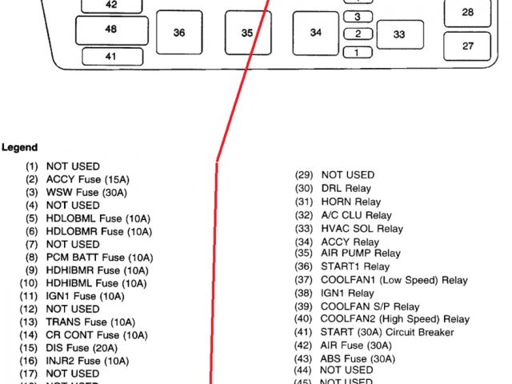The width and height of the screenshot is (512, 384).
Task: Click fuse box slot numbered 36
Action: coord(178,33)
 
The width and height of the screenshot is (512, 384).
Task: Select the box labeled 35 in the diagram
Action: coord(247,33)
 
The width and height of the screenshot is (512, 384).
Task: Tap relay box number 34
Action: coord(315,33)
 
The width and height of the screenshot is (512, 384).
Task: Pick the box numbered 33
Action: coord(398,34)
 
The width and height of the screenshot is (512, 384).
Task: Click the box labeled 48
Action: coord(110,30)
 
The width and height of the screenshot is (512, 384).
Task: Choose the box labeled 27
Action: coord(468,46)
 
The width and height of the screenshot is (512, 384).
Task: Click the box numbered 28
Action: coord(468,13)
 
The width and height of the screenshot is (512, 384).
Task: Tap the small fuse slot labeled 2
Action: coord(358,34)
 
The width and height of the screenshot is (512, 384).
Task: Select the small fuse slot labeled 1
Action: coord(358,53)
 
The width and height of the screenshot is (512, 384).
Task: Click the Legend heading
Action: coord(19,147)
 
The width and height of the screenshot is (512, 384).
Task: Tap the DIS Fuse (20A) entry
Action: coord(78,347)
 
